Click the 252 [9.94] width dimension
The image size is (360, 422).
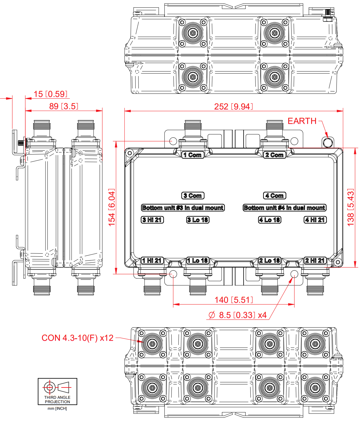click(233, 106)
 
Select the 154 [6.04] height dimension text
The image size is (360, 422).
click(112, 207)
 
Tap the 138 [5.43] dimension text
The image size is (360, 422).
click(351, 207)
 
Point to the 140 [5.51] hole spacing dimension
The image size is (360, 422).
click(233, 300)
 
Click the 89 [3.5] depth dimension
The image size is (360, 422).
click(64, 106)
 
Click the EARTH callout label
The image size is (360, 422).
click(302, 121)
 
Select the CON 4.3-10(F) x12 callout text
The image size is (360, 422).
click(78, 338)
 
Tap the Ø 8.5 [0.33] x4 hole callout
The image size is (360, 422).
click(237, 315)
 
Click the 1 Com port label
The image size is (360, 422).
click(192, 155)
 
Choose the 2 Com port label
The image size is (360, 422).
click(274, 155)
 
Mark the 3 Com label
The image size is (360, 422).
click(193, 196)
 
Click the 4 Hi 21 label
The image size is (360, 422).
click(315, 220)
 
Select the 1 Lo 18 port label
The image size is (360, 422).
click(197, 261)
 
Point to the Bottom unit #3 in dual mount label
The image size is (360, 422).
click(183, 208)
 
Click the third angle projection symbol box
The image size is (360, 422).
click(57, 391)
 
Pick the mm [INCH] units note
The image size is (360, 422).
click(57, 409)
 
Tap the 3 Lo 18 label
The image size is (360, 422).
click(198, 220)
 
